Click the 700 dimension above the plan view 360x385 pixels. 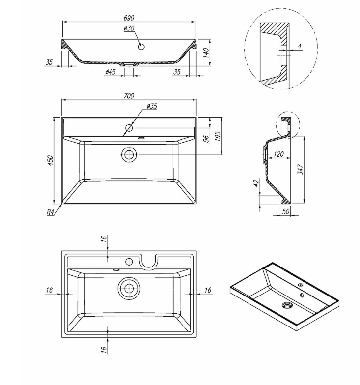pos(128,96)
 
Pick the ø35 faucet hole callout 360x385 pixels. pos(152,106)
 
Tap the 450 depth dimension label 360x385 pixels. pos(50,160)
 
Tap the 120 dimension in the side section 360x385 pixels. pos(278,154)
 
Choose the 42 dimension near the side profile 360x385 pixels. pos(255,183)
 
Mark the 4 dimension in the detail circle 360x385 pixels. pos(299,46)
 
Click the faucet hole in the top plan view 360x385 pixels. pos(129,128)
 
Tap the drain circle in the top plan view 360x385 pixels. pos(130,154)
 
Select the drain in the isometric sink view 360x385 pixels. pos(286,305)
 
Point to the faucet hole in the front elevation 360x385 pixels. pos(142,47)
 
